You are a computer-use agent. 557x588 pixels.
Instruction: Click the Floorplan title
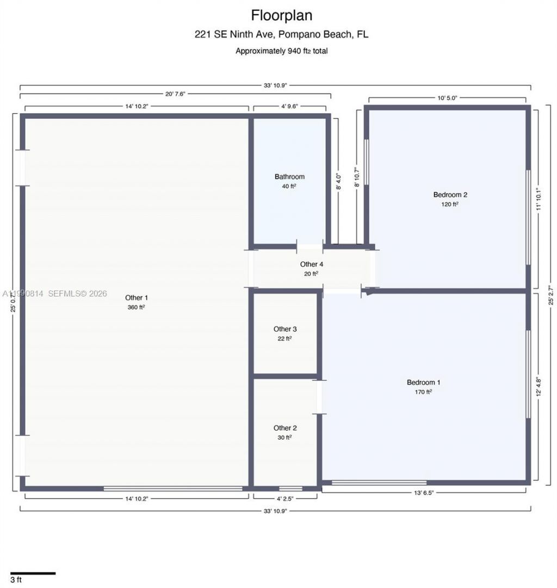(281, 15)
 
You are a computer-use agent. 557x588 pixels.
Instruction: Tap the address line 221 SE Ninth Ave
(281, 34)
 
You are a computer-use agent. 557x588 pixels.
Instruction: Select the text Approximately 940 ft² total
(281, 51)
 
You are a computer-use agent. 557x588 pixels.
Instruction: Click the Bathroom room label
(289, 177)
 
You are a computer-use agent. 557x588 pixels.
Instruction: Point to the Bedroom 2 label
(450, 195)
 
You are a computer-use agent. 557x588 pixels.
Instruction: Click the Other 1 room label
(136, 298)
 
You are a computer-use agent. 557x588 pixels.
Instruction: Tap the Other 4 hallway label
(312, 264)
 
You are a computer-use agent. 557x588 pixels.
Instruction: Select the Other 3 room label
(285, 329)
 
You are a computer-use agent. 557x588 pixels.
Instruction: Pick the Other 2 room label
(285, 428)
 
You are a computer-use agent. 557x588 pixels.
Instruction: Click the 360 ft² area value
(136, 307)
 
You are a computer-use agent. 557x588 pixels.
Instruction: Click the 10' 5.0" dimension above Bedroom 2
(447, 98)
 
